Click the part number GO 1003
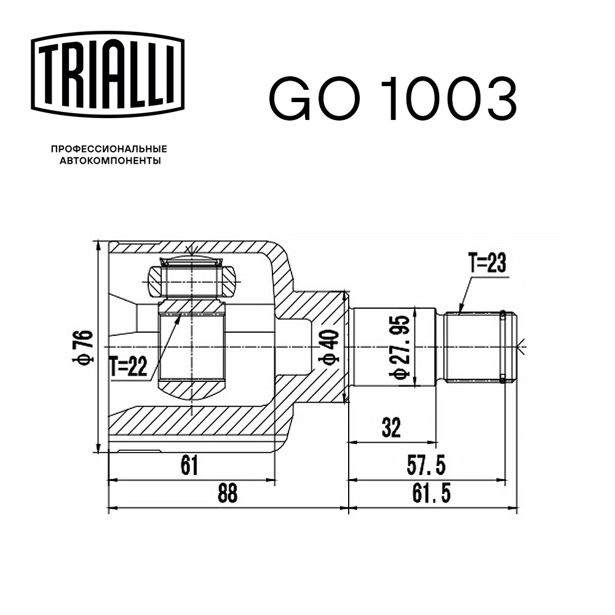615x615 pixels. [x=392, y=99]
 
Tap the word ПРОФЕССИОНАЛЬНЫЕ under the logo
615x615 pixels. [x=109, y=149]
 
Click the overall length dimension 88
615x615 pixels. [x=228, y=493]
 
